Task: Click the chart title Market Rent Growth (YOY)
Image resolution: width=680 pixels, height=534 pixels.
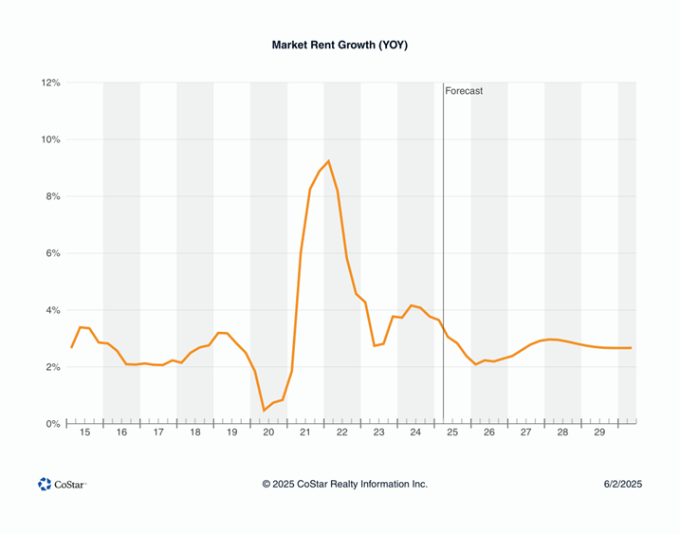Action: (340, 45)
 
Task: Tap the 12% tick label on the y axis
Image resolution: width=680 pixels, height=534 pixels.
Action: (50, 83)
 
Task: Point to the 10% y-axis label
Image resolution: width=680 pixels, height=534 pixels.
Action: (50, 140)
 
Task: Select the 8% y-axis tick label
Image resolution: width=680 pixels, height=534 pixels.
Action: (53, 197)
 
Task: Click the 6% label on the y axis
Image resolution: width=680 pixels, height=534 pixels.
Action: (53, 254)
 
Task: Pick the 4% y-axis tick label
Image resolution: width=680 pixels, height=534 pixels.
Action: (53, 311)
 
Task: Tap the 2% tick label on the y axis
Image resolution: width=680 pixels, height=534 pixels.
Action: (53, 368)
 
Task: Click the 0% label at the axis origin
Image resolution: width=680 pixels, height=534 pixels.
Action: (53, 425)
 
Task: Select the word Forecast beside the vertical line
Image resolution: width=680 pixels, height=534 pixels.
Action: (464, 91)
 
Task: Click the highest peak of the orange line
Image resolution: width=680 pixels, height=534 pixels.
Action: (328, 161)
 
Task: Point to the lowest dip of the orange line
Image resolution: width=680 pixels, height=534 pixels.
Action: (264, 410)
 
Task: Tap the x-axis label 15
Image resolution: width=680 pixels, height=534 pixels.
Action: (84, 433)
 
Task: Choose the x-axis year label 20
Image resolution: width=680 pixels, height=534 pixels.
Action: (268, 433)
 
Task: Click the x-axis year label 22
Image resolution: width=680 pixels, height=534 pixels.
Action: (342, 433)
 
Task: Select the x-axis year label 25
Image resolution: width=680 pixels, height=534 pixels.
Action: (452, 433)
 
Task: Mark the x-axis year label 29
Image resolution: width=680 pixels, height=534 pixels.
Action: (599, 433)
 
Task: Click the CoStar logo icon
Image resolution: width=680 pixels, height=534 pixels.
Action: (45, 484)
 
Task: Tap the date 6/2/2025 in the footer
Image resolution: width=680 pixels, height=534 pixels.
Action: (623, 484)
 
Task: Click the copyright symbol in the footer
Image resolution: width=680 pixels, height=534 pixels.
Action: (267, 484)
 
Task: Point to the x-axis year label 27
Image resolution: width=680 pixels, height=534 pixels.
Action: (526, 433)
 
